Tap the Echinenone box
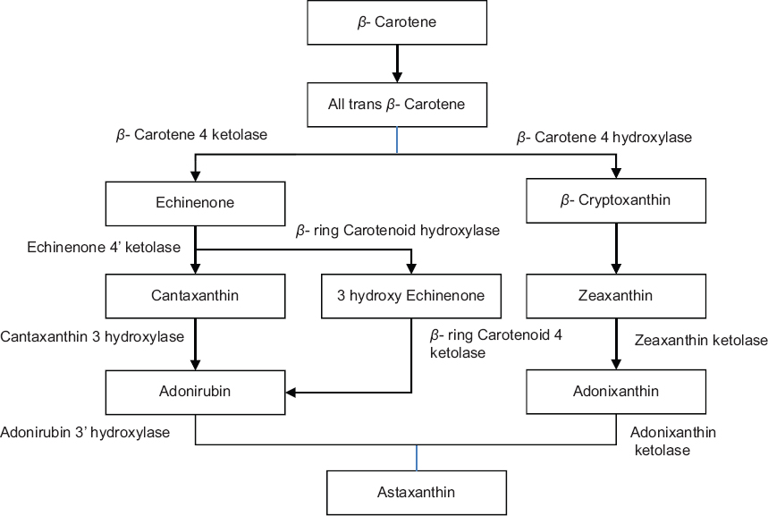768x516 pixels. click(194, 203)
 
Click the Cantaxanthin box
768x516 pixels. click(196, 296)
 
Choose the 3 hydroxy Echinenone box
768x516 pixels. click(410, 296)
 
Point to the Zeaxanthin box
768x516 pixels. click(615, 296)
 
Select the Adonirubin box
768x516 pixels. click(196, 391)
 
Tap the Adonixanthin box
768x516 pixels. click(615, 391)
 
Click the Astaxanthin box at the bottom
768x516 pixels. click(416, 492)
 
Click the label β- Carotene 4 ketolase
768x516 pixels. click(191, 136)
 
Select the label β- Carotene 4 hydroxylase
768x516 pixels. click(604, 138)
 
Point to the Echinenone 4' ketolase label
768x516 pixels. click(104, 246)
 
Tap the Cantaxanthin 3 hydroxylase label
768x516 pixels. click(92, 337)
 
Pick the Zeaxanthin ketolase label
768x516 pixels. click(700, 341)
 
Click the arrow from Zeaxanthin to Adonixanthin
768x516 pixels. click(615, 343)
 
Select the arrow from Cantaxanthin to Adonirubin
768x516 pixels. click(196, 343)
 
